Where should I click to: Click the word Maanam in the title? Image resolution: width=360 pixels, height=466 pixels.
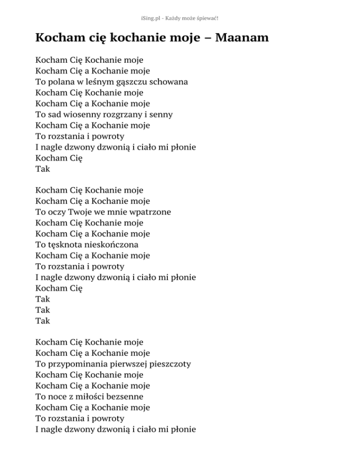point(242,38)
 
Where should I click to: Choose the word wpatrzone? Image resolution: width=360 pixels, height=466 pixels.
point(151,212)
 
